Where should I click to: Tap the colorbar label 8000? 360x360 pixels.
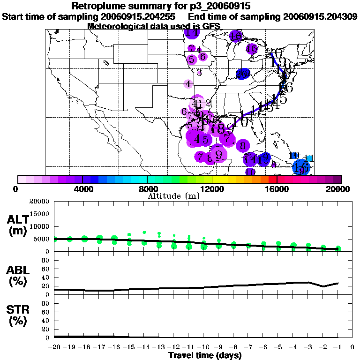147,189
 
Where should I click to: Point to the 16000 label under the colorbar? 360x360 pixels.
277,189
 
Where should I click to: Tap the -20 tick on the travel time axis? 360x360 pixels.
54,347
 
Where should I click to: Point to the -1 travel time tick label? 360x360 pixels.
337,347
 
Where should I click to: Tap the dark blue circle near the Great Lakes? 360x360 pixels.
242,74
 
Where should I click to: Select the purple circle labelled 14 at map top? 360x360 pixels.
192,33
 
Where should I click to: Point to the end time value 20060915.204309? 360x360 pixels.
320,16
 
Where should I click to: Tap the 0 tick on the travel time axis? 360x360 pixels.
352,347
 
